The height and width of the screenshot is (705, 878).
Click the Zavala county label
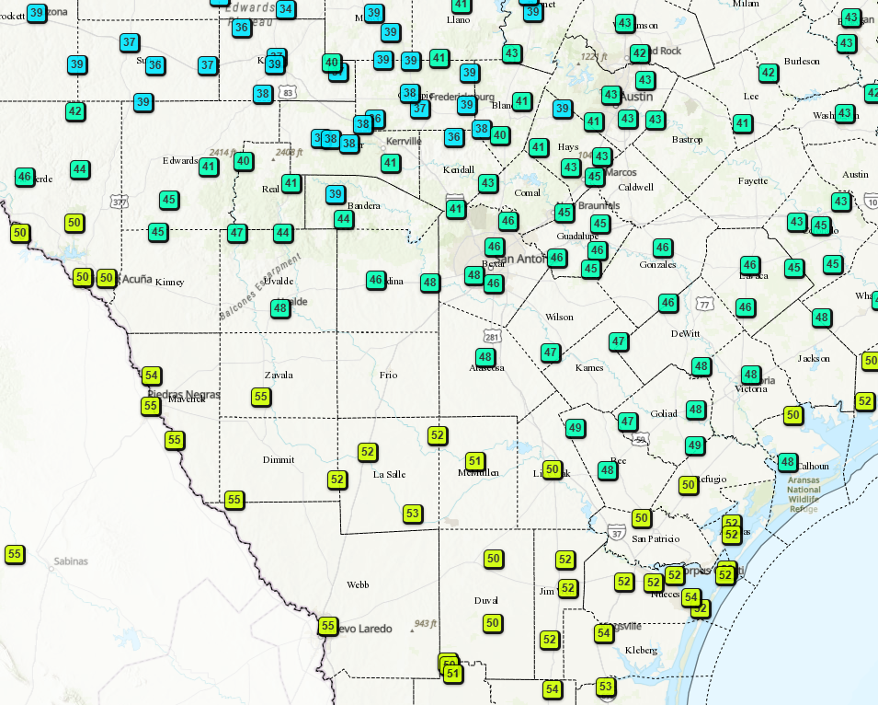(279, 375)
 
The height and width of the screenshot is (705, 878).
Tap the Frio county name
(388, 375)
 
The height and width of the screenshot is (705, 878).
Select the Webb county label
(358, 584)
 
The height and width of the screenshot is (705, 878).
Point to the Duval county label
(485, 600)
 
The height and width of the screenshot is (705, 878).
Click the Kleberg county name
(641, 650)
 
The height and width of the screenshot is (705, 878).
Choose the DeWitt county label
(685, 333)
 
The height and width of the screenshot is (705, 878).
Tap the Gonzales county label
(657, 264)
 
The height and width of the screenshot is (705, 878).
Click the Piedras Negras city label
(184, 395)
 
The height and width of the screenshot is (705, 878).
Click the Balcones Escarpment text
(259, 289)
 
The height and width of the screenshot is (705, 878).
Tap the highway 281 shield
(493, 336)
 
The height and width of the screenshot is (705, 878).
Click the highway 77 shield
(704, 304)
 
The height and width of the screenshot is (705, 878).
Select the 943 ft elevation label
(426, 623)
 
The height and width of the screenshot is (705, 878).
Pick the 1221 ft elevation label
(595, 57)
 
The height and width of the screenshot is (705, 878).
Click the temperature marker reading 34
(286, 9)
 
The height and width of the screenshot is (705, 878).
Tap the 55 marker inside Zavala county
(261, 397)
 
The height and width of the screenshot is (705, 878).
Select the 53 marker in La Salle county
(413, 514)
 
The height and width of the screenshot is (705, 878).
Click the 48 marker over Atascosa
(485, 357)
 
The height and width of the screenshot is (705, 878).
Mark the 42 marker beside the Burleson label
(769, 72)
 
